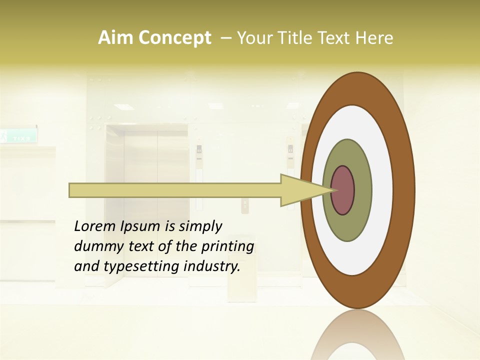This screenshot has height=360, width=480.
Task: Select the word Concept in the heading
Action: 175,38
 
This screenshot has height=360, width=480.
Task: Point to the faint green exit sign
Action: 19,136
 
